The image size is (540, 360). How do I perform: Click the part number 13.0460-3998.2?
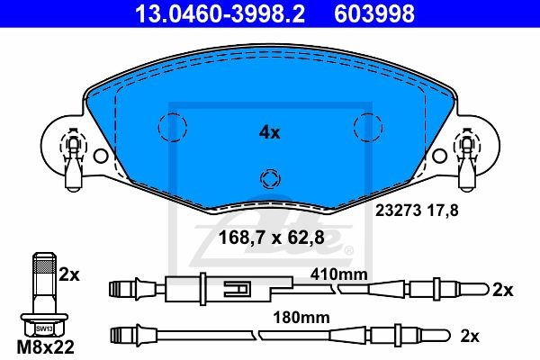(220, 13)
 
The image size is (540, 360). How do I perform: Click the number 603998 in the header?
(374, 13)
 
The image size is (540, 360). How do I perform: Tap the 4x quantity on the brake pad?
(270, 132)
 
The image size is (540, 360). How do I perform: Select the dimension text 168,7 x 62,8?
(272, 238)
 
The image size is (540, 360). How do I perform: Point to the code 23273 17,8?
(417, 210)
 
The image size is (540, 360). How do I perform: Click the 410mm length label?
(339, 274)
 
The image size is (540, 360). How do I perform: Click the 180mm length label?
(301, 318)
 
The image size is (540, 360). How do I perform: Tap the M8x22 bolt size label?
(46, 347)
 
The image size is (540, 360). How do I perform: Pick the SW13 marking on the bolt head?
(44, 329)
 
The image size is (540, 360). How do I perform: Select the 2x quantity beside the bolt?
(69, 274)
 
